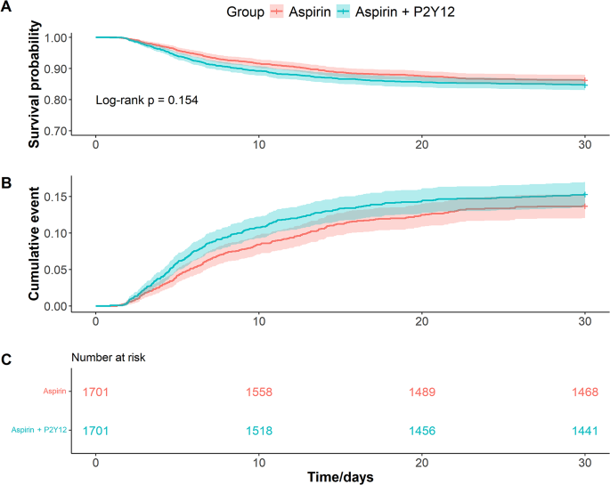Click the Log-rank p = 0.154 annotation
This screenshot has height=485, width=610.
pyautogui.click(x=146, y=101)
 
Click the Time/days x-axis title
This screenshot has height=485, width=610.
pyautogui.click(x=340, y=476)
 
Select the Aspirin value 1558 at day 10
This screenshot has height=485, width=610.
pyautogui.click(x=259, y=392)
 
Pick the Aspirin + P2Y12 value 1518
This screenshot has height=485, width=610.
pyautogui.click(x=259, y=430)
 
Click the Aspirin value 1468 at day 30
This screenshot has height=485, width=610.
pyautogui.click(x=585, y=392)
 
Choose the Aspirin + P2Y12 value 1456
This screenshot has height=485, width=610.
pyautogui.click(x=422, y=430)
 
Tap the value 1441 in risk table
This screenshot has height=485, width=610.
pyautogui.click(x=585, y=430)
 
